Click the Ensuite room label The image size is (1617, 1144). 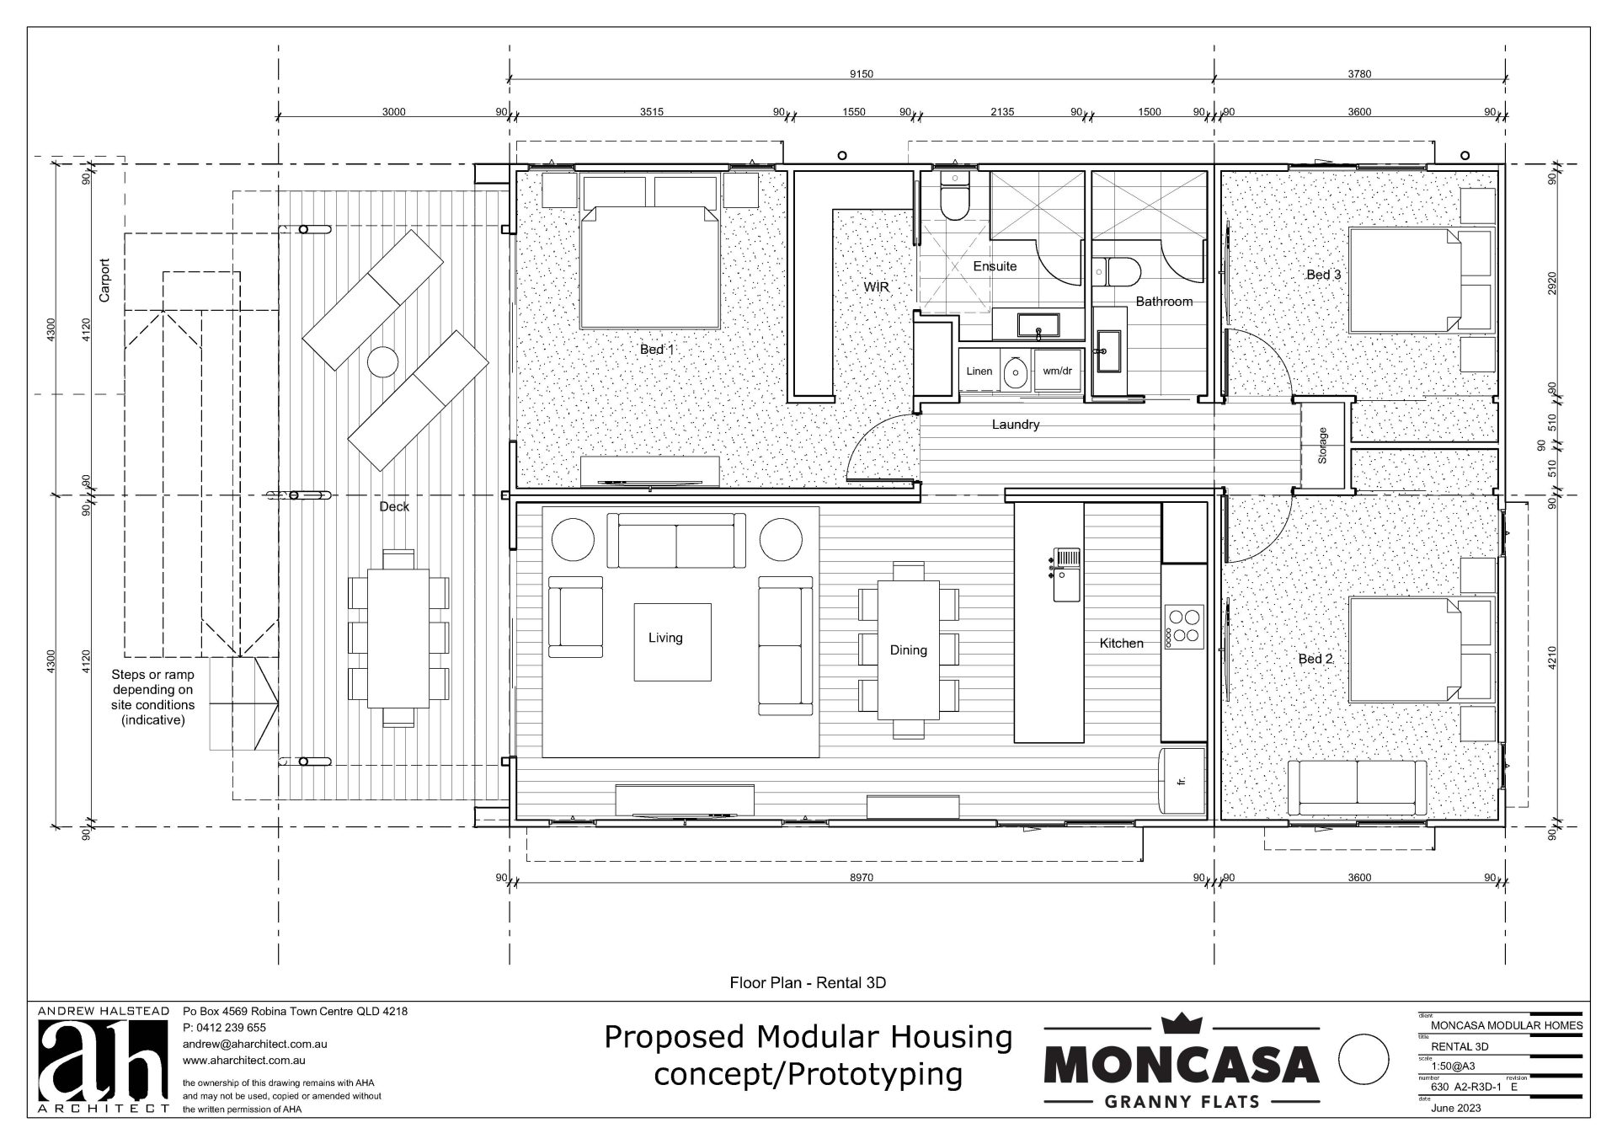click(x=995, y=266)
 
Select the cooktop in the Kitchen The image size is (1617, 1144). click(x=1183, y=626)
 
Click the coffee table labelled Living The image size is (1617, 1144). click(x=672, y=642)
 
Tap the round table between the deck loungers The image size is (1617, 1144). click(x=383, y=362)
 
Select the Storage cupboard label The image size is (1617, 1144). click(x=1322, y=446)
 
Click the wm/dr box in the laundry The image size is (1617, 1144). click(x=1057, y=371)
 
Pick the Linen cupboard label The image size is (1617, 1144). click(x=979, y=371)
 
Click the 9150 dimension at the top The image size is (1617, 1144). click(x=861, y=74)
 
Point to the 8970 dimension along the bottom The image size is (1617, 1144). click(x=861, y=877)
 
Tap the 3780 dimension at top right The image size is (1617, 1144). click(x=1358, y=74)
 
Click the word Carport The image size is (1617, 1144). click(x=104, y=280)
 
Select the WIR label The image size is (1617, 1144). click(x=876, y=287)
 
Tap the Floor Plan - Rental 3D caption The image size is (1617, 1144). click(x=808, y=982)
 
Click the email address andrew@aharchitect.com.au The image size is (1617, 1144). click(x=254, y=1044)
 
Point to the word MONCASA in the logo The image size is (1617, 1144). click(x=1182, y=1065)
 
